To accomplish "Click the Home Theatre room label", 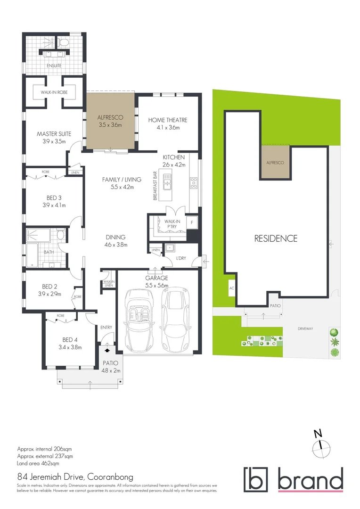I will [x=168, y=120].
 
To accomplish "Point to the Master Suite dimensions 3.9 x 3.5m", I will [x=54, y=141].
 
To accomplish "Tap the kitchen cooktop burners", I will [x=194, y=183].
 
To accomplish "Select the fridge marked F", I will [x=192, y=222].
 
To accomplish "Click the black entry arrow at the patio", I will [x=107, y=350].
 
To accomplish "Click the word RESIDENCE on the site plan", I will [x=276, y=238].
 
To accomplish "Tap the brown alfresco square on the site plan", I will [x=275, y=162].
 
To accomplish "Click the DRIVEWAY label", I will [x=305, y=328].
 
